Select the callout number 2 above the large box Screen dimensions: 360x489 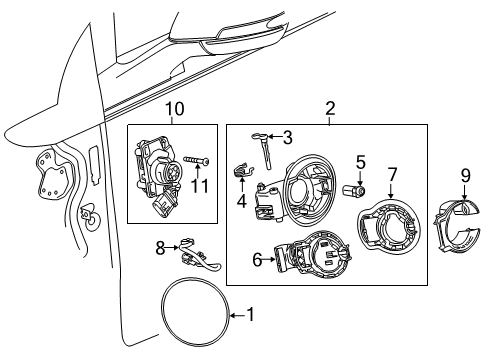pyautogui.click(x=330, y=108)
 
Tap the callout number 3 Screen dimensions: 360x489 pyautogui.click(x=287, y=138)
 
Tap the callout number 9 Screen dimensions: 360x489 pyautogui.click(x=464, y=176)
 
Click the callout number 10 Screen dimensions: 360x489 pyautogui.click(x=175, y=108)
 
